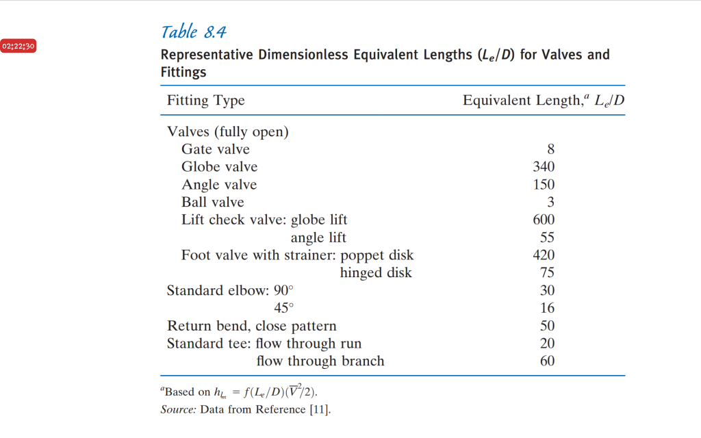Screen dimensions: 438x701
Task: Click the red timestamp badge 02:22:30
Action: click(19, 47)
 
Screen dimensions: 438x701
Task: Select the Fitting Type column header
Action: click(205, 101)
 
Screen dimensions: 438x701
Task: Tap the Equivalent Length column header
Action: click(544, 101)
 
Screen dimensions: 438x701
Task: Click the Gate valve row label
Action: click(215, 149)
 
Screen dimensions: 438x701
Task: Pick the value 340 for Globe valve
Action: click(544, 167)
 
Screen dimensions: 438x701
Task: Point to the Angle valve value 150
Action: click(544, 185)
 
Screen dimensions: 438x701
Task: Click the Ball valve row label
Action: click(212, 203)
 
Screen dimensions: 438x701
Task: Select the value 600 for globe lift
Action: click(544, 220)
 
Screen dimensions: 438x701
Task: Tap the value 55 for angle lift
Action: click(547, 238)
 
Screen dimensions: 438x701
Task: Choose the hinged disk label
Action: click(376, 273)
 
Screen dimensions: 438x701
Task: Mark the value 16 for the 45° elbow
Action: click(547, 309)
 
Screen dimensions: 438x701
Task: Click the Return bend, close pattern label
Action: click(251, 326)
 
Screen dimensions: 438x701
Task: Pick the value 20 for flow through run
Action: click(547, 344)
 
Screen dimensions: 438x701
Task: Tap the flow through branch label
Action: click(320, 361)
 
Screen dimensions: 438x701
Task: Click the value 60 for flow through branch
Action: click(547, 361)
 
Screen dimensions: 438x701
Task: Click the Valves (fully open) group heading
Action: click(227, 132)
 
